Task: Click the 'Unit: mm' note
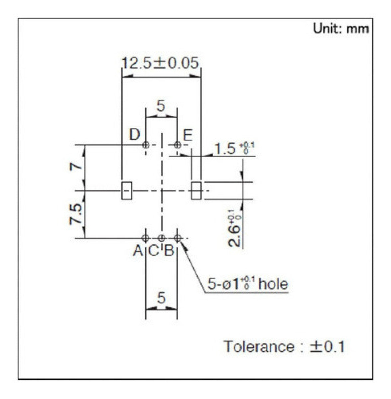(x=341, y=29)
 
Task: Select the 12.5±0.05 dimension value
(x=161, y=63)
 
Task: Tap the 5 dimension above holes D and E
(x=161, y=106)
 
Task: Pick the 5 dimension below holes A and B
(x=161, y=298)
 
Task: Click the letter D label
(x=134, y=135)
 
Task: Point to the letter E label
(x=188, y=135)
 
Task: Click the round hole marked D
(x=145, y=145)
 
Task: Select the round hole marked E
(x=178, y=145)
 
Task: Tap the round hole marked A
(x=145, y=238)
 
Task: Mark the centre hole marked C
(x=162, y=238)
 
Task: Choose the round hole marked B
(x=178, y=238)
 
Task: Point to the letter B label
(x=169, y=251)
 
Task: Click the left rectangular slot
(x=127, y=191)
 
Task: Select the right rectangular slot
(x=196, y=191)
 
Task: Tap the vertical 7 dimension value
(x=77, y=166)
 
